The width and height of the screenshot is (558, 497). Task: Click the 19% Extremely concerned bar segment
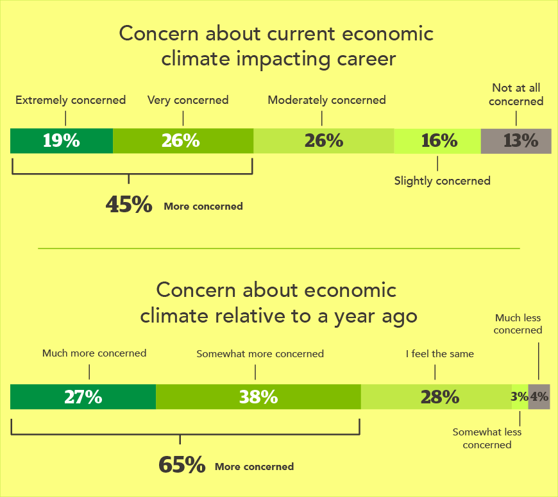62,141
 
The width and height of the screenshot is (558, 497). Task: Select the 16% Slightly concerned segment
438,141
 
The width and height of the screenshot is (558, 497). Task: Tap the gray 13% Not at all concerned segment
516,141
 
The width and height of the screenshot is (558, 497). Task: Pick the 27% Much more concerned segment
83,397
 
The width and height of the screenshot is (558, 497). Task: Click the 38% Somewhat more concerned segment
258,397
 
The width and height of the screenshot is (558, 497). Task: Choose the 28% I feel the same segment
437,397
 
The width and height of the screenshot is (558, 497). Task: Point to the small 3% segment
520,397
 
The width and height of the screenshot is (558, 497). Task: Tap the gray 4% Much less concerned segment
539,397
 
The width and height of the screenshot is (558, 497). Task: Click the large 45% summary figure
128,205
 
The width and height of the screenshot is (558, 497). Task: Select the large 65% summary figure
182,465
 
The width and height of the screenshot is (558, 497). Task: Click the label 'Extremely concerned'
71,100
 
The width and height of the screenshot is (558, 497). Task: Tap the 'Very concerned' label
188,100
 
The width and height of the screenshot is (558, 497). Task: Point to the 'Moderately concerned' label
326,100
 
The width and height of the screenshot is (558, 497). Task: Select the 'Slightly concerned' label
442,181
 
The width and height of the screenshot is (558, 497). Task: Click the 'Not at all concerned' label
517,94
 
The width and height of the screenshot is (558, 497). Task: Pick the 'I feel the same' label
440,353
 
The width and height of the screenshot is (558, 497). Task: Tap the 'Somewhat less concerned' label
487,438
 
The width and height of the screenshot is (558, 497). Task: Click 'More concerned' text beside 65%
254,467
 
